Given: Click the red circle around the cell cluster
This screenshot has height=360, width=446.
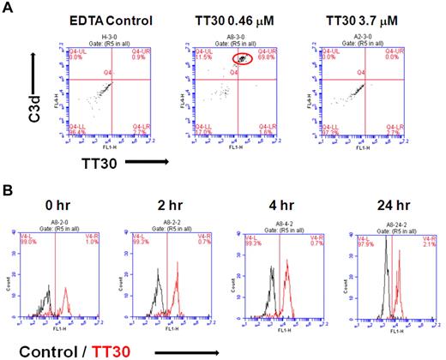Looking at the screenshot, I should tap(243, 59).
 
